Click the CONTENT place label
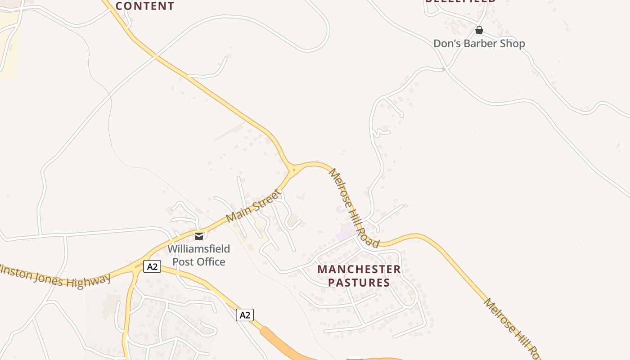[x=145, y=6]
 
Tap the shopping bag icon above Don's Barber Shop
[x=479, y=30]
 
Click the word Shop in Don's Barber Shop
[x=513, y=44]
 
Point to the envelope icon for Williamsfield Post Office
[x=199, y=236]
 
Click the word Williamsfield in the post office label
[x=199, y=249]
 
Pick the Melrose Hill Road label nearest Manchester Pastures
[x=354, y=207]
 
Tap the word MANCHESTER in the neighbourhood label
[x=359, y=269]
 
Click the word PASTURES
[x=359, y=283]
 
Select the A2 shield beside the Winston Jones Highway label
[x=152, y=266]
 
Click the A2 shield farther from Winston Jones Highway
[x=245, y=315]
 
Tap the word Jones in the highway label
[x=49, y=277]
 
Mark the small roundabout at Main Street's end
[x=294, y=170]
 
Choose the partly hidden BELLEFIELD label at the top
[x=460, y=1]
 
